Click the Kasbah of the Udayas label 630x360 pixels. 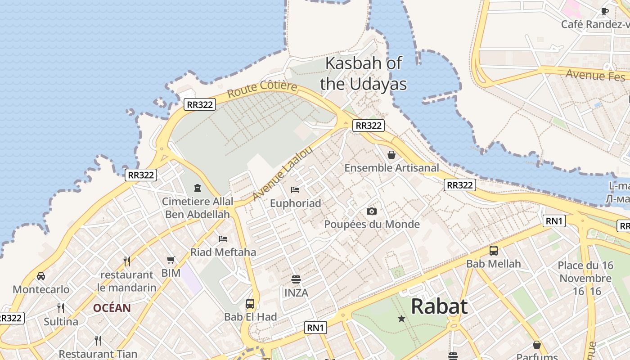coord(363,73)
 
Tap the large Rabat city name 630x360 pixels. coord(439,306)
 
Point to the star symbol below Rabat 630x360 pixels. coord(401,319)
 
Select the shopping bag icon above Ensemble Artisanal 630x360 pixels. coord(391,155)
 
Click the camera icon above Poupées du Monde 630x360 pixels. coord(372,211)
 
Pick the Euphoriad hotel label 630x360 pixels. coord(295,203)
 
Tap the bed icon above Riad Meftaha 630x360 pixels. coord(223,238)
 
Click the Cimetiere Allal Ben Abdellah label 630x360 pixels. coord(198,208)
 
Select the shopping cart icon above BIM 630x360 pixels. coord(171,260)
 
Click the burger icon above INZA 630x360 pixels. coord(296,279)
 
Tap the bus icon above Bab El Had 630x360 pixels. coord(250,304)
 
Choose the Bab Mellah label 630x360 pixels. coord(493,264)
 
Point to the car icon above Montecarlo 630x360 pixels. coord(41,276)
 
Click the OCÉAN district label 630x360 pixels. coord(112,308)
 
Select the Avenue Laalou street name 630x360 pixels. coord(282,173)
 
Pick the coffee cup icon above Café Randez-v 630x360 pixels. coord(605,11)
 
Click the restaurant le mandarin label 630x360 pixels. coord(127,281)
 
